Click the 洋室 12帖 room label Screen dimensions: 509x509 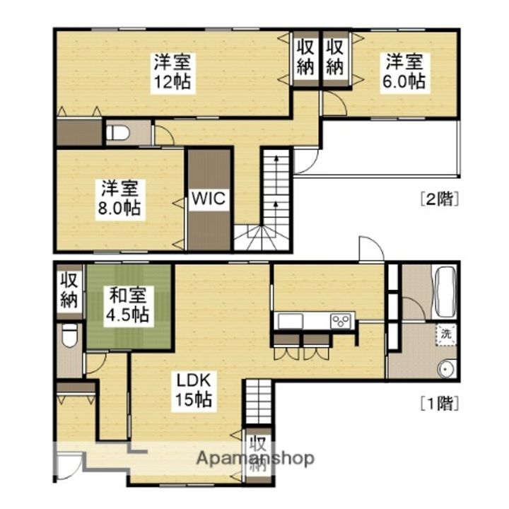click(172, 72)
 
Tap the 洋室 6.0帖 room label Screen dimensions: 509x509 click(404, 72)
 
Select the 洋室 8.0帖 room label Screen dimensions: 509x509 click(119, 198)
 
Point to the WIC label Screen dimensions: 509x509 click(209, 198)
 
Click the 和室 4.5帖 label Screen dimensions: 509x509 click(127, 305)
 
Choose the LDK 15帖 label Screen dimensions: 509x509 click(194, 390)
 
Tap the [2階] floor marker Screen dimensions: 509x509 click(440, 199)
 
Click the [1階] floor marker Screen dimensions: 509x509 click(440, 403)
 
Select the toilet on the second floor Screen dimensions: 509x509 click(119, 132)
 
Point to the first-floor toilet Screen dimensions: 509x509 click(70, 335)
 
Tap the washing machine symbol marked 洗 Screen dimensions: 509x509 click(446, 334)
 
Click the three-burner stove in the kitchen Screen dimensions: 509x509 click(341, 321)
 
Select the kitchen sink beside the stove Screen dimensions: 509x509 click(290, 321)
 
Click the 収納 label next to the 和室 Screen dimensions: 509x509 click(69, 291)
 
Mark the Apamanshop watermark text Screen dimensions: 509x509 click(255, 457)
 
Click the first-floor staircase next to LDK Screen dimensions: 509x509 click(258, 402)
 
